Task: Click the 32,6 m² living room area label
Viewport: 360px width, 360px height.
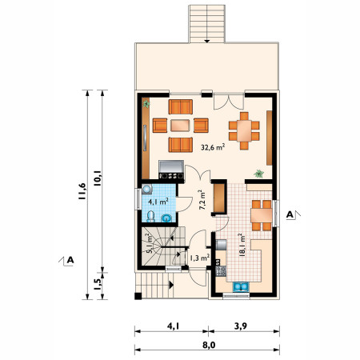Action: [213, 147]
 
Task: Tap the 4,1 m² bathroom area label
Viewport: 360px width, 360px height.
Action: [158, 202]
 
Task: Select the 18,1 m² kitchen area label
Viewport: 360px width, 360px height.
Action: [242, 245]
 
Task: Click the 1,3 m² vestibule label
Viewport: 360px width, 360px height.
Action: [199, 258]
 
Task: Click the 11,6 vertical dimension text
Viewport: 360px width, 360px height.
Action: [82, 191]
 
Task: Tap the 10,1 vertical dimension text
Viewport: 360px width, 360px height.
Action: [97, 178]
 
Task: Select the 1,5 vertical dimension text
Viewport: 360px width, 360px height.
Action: [98, 284]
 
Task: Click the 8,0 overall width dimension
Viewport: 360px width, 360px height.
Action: [209, 345]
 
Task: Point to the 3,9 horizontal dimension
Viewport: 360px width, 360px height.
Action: [241, 326]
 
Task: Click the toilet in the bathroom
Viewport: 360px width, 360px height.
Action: [150, 216]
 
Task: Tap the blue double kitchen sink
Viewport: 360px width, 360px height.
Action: [241, 286]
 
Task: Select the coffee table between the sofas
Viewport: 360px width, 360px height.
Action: [180, 126]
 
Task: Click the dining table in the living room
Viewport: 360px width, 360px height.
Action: [244, 131]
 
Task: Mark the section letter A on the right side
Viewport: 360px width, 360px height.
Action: [290, 214]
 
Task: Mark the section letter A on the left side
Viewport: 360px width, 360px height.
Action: [70, 260]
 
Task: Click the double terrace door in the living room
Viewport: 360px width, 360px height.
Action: [229, 102]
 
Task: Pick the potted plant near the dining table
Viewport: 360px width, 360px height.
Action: [258, 174]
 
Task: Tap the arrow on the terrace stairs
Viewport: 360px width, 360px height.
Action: [207, 41]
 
